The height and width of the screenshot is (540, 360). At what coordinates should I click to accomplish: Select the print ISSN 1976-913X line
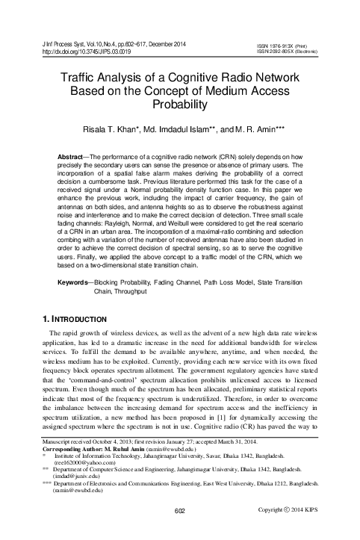click(x=282, y=45)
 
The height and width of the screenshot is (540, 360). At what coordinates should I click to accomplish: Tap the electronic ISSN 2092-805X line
click(x=285, y=52)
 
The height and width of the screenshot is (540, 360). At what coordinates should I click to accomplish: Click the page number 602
click(x=179, y=531)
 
